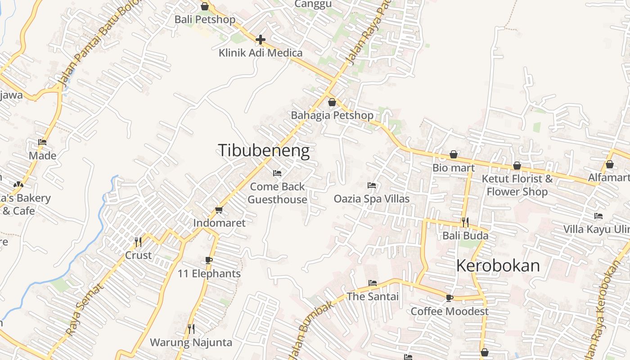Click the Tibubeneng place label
click(264, 151)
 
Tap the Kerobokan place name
click(498, 265)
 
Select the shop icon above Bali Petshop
click(205, 6)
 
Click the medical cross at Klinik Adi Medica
click(260, 40)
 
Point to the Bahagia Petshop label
click(332, 115)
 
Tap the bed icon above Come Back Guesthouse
click(277, 173)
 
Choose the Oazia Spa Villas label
click(372, 198)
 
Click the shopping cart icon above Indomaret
click(219, 210)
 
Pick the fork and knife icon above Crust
click(138, 242)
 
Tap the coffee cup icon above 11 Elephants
click(209, 260)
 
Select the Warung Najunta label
click(191, 342)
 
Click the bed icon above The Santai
click(373, 283)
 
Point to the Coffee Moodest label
click(450, 311)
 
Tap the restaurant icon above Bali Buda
click(465, 222)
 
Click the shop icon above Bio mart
click(454, 155)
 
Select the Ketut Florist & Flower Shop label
click(517, 185)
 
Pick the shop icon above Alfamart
click(610, 164)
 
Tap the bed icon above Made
click(42, 142)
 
